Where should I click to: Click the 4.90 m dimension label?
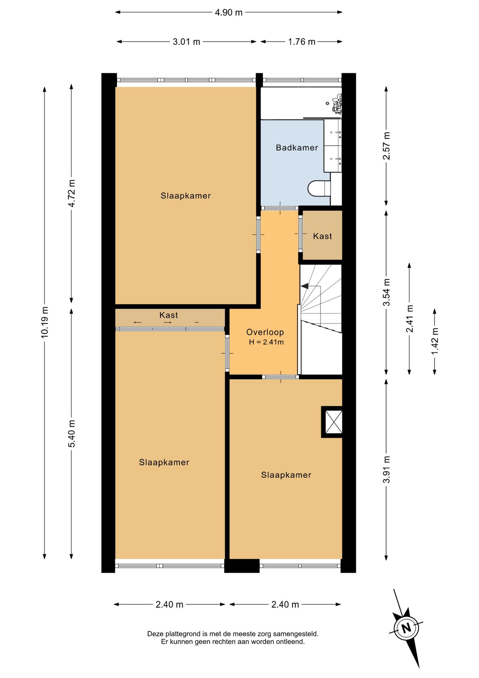229,12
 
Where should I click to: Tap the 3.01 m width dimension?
186,42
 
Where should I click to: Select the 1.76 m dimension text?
302,42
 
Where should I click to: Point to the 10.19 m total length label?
44,322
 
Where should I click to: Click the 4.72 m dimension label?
72,194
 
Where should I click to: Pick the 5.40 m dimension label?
72,434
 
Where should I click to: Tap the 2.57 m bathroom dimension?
387,145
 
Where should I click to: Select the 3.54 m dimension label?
387,292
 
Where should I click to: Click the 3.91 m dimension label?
387,469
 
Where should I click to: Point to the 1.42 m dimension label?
435,341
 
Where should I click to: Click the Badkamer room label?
297,148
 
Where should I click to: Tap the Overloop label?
265,332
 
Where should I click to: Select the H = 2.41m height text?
266,342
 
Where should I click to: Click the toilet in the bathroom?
319,189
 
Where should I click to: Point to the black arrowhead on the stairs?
304,286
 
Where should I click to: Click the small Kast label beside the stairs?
322,236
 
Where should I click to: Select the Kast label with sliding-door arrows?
169,315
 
